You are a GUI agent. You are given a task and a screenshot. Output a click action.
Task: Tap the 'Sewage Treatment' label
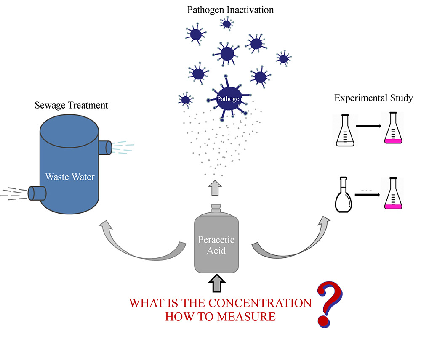(72, 105)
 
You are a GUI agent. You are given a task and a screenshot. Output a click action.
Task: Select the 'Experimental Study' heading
(373, 98)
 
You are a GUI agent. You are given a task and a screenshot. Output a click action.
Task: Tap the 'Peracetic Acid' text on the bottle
(216, 245)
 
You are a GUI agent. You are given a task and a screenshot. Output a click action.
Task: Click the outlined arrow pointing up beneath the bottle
(216, 283)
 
